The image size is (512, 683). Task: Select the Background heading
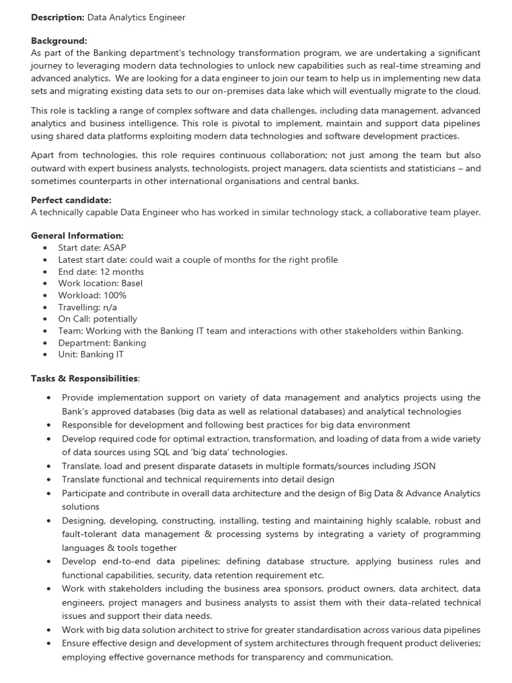[x=59, y=41]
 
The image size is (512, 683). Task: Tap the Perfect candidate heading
[x=71, y=200]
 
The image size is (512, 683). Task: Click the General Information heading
[x=77, y=235]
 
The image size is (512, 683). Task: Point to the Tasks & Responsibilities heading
[x=85, y=378]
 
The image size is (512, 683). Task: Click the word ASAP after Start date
[x=115, y=247]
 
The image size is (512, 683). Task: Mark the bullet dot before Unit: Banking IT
[x=45, y=355]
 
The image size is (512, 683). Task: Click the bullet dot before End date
[x=45, y=271]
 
